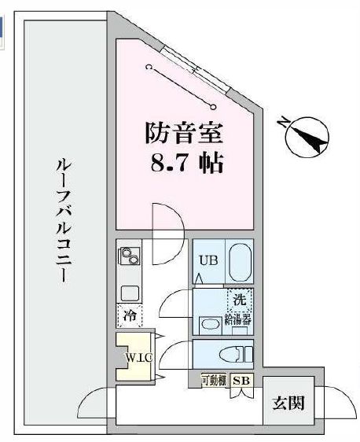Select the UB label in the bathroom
(x=208, y=260)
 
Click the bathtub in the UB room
(x=240, y=262)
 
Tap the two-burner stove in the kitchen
(x=128, y=256)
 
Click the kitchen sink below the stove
(x=129, y=292)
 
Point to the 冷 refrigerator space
(x=129, y=317)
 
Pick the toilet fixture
(x=237, y=352)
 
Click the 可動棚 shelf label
(x=213, y=380)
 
